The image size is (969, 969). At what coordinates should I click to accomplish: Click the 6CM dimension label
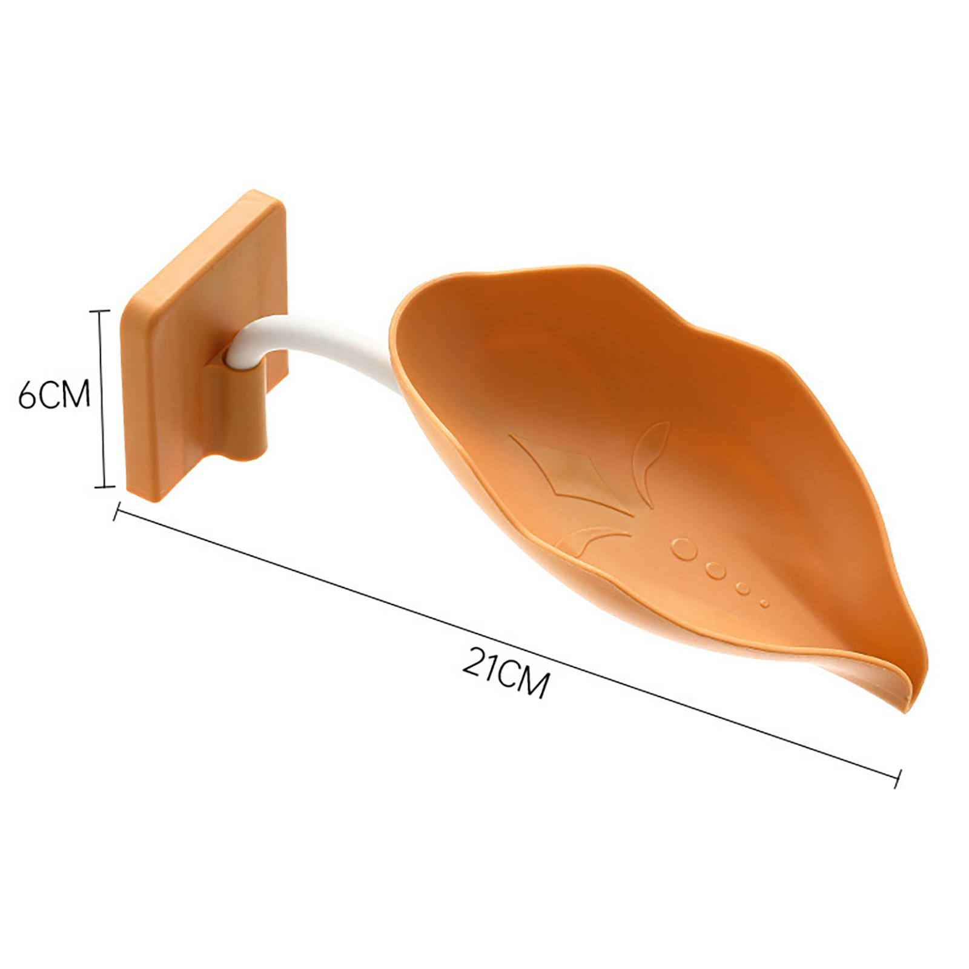click(x=54, y=394)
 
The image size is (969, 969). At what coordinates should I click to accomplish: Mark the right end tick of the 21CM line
click(x=899, y=779)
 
